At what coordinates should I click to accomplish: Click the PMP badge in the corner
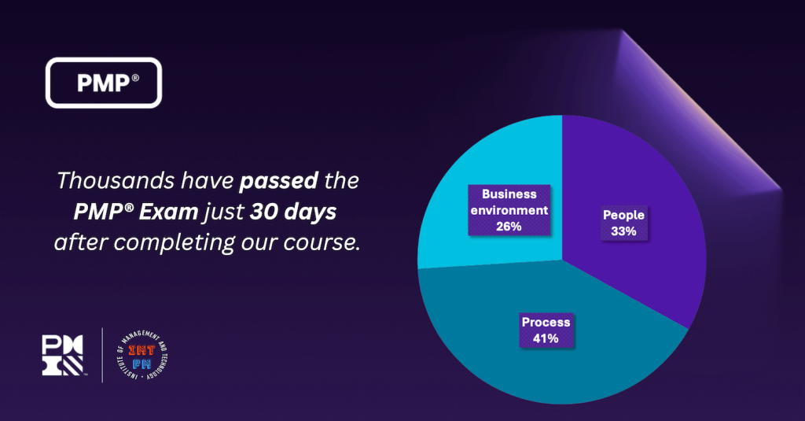105,83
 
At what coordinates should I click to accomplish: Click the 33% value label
623,231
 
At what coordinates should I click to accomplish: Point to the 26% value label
509,226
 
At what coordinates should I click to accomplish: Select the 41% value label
546,339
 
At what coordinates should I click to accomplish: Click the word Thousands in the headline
105,181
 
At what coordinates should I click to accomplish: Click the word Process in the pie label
546,323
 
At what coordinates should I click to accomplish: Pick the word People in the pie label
623,215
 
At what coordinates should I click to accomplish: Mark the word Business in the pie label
509,194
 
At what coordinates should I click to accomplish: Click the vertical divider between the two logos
103,355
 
